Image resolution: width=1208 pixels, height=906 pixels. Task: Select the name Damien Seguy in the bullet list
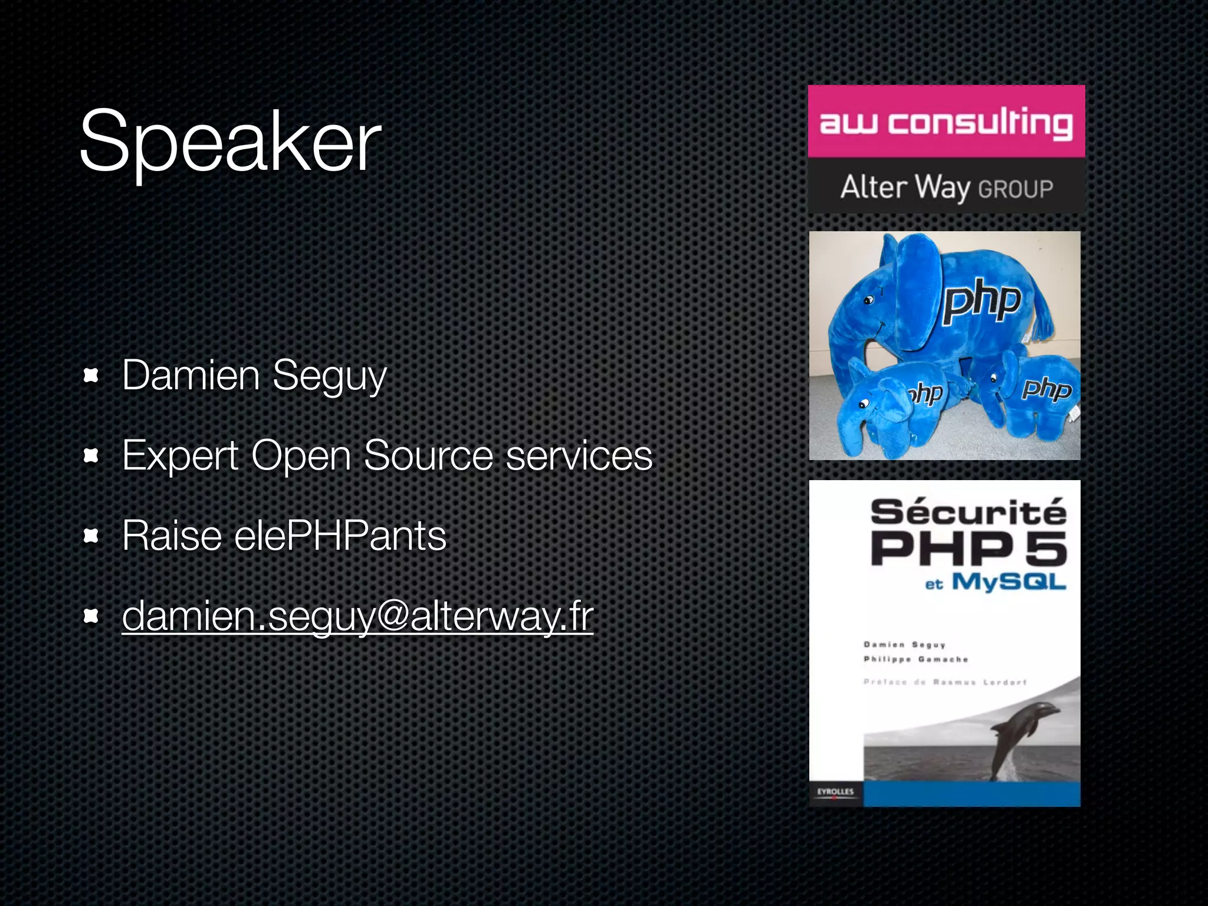[254, 376]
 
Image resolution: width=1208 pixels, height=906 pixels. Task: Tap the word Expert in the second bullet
[180, 456]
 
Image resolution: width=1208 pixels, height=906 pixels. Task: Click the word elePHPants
[340, 536]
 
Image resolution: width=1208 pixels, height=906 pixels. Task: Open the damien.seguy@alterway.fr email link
[357, 616]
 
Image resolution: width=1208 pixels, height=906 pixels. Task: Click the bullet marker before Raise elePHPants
[91, 536]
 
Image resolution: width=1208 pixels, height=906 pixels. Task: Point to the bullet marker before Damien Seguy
[91, 375]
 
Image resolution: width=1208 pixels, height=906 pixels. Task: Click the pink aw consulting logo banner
[946, 122]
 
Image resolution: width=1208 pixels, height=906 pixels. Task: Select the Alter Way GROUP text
[946, 188]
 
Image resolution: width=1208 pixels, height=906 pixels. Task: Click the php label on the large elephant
[982, 301]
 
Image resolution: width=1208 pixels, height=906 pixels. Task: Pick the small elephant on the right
[1029, 392]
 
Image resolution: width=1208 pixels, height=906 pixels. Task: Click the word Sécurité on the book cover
[968, 511]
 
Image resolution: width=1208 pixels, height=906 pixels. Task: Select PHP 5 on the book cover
[968, 548]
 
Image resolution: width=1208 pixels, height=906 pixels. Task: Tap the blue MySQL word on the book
[1009, 582]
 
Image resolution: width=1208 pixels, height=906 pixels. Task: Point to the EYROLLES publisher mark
[835, 792]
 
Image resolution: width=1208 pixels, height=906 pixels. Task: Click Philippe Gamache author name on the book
[915, 659]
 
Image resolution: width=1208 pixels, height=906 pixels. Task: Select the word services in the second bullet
[579, 456]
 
